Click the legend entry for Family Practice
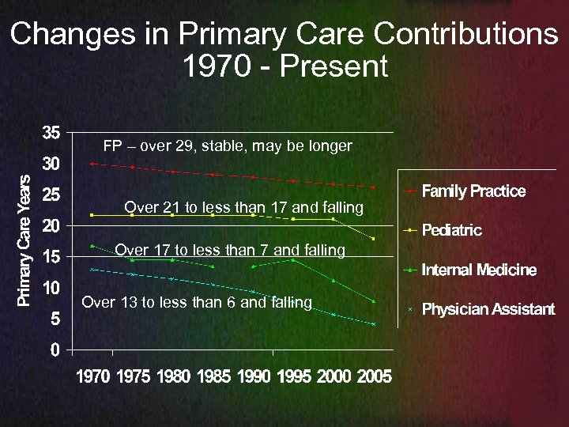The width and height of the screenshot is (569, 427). pos(473,191)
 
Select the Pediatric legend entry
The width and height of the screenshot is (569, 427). pos(451,230)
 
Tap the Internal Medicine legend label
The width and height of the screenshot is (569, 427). pos(479,270)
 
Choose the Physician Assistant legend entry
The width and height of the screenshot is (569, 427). pos(488,308)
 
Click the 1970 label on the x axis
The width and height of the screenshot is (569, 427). pos(93,376)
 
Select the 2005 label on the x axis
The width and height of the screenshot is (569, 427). pos(374,376)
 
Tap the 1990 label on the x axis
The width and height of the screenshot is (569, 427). pos(254,376)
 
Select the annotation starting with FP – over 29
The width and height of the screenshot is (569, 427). pos(228,146)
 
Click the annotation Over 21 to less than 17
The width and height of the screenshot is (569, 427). pos(243,208)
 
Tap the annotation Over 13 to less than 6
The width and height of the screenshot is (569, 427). pos(197,302)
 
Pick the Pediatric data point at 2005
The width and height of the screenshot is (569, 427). pos(373,239)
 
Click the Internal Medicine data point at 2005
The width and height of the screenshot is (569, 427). pos(373,300)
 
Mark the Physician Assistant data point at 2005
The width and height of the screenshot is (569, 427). pos(373,324)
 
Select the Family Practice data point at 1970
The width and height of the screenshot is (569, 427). pos(92,164)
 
